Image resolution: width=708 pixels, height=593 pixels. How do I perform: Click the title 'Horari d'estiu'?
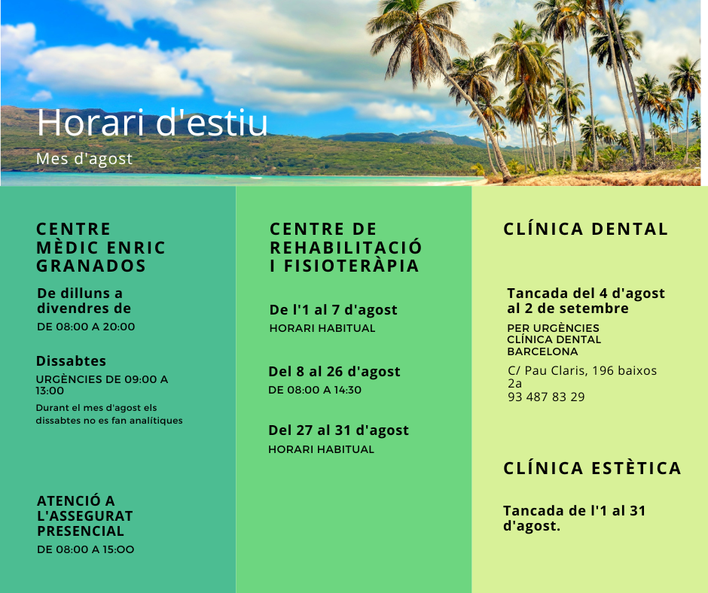(x=152, y=123)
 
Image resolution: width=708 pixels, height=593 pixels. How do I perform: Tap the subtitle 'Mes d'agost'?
(x=84, y=159)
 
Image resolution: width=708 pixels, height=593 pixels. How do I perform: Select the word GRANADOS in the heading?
(x=91, y=266)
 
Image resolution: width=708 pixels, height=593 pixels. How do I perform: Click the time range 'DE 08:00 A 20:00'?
(x=86, y=327)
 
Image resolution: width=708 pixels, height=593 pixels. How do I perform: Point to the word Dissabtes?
(x=71, y=361)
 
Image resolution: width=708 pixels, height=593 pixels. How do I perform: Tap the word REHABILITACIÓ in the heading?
(x=346, y=248)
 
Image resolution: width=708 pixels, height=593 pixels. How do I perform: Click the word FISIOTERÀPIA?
(x=351, y=266)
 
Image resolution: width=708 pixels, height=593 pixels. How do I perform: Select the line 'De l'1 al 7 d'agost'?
(x=333, y=310)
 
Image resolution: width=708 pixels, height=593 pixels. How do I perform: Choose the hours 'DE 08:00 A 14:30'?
(x=315, y=390)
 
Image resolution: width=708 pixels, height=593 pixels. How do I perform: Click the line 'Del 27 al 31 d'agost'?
(x=339, y=430)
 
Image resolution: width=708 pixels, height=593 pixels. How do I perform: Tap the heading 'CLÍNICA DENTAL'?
(x=586, y=229)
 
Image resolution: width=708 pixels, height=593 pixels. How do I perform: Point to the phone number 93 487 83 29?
(x=546, y=397)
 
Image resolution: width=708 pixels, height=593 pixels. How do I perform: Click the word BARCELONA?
(x=542, y=351)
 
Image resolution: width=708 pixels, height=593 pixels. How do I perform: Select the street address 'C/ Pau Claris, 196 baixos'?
(x=582, y=370)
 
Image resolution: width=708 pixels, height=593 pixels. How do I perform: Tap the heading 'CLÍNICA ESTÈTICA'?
(x=592, y=468)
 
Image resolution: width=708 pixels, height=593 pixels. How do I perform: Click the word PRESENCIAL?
(x=81, y=531)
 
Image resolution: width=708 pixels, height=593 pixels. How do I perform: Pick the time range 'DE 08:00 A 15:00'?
(x=85, y=549)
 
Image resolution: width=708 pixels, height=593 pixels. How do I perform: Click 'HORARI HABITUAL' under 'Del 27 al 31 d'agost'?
(x=321, y=449)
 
